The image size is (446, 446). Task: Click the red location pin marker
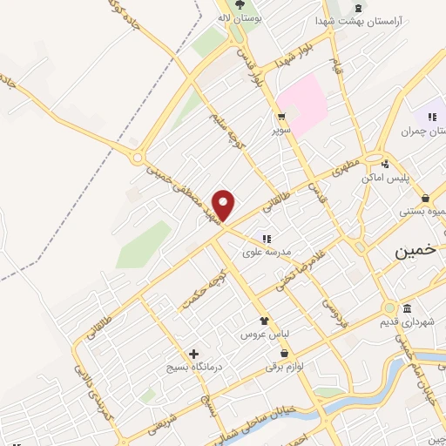click(225, 205)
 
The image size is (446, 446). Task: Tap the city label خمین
click(412, 251)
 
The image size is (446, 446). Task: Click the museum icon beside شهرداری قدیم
click(408, 309)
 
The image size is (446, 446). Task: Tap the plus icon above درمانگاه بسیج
click(195, 354)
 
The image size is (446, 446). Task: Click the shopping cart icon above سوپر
click(281, 116)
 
